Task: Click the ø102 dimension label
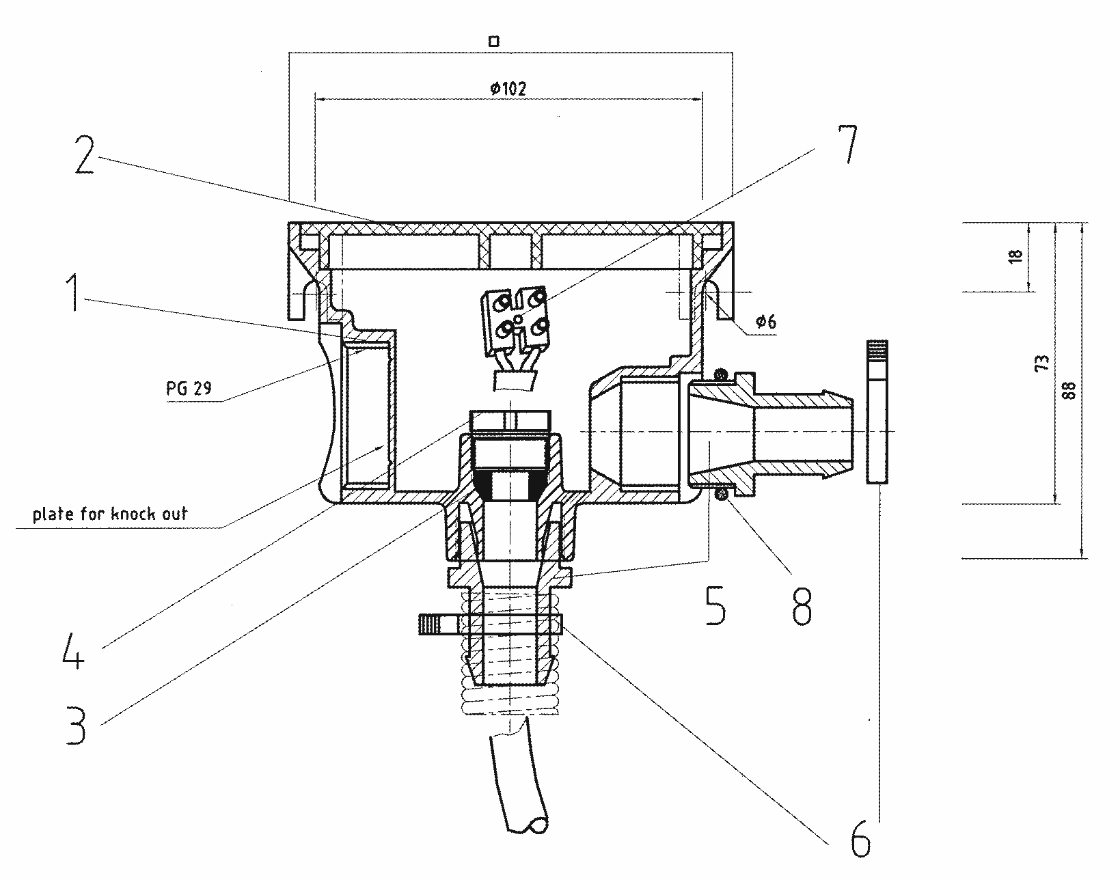[508, 88]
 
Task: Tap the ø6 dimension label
[766, 322]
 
